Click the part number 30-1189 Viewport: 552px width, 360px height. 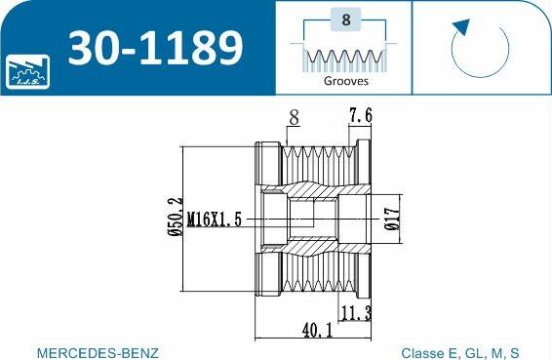(155, 48)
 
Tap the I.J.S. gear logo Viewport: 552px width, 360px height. (27, 71)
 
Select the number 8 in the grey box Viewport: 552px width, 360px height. (345, 20)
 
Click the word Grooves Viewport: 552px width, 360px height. (345, 81)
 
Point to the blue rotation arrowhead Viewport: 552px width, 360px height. (461, 27)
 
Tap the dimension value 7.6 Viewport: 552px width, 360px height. (360, 115)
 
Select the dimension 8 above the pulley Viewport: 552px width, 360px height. (294, 117)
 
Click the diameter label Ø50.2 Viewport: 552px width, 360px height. (176, 217)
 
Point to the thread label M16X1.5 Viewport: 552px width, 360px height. (215, 220)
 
